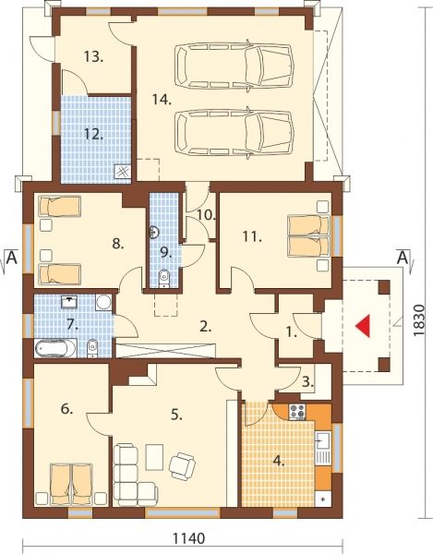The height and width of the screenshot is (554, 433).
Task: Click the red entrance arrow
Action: click(364, 325)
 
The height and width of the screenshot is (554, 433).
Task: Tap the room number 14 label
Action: click(162, 100)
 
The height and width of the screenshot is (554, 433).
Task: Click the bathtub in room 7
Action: click(55, 348)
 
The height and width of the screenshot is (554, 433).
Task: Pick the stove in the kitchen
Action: click(297, 412)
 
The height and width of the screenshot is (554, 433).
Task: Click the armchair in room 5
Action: click(182, 466)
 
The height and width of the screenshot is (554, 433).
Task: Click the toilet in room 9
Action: click(164, 279)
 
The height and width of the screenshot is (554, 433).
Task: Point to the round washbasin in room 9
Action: click(154, 232)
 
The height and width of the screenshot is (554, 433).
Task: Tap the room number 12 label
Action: click(93, 134)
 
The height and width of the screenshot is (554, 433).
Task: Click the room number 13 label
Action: click(93, 56)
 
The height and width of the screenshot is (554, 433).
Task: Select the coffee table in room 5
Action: click(154, 457)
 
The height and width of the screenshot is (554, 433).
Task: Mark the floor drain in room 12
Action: click(123, 173)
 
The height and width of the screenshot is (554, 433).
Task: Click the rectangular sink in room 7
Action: click(70, 302)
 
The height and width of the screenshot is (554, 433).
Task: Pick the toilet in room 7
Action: click(91, 348)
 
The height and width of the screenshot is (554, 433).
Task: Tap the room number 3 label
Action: click(308, 382)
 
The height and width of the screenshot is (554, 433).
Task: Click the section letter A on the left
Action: click(12, 258)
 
